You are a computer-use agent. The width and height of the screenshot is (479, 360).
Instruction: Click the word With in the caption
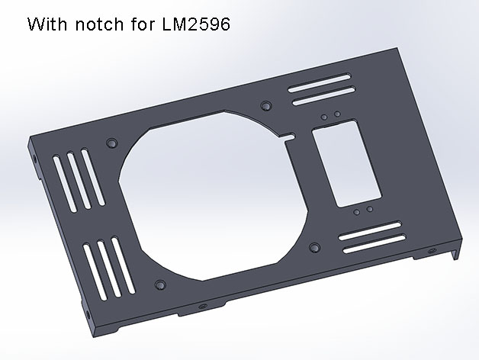pos(47,24)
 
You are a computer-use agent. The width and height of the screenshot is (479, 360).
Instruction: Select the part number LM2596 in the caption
pos(196,24)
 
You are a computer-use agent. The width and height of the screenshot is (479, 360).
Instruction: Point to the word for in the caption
pos(143,24)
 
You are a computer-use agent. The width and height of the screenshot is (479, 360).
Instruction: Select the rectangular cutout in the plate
pos(347,164)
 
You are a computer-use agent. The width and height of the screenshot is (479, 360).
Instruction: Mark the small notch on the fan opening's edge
pos(290,137)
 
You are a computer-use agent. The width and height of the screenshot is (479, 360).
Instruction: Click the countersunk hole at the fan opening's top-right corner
pos(266,106)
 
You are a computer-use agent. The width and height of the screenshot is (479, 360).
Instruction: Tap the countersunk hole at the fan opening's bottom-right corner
pos(315,247)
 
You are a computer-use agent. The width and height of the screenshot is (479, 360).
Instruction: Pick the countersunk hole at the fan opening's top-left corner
pos(112,143)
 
